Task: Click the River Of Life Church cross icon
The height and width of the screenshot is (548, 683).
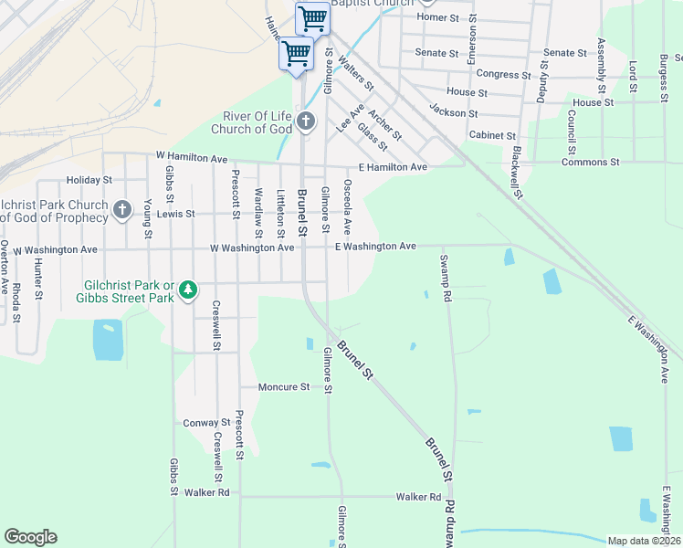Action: pos(305,121)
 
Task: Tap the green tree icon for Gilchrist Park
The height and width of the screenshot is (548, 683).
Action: pos(188,290)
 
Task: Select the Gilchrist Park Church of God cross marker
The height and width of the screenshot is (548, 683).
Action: pos(122,211)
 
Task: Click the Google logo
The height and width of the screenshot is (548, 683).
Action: pos(30,537)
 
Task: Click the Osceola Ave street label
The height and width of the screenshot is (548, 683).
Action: pos(347,205)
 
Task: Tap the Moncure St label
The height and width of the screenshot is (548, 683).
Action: pos(284,387)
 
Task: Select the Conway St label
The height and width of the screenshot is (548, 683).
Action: pos(206,423)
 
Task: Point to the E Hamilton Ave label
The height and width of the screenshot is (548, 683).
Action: pos(393,167)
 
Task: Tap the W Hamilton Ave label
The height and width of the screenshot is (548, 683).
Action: pos(191,159)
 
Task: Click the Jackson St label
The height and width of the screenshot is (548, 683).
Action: pos(453,113)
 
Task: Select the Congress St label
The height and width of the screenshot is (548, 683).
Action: pos(503,75)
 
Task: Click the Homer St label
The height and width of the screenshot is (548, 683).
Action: pos(441,17)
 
